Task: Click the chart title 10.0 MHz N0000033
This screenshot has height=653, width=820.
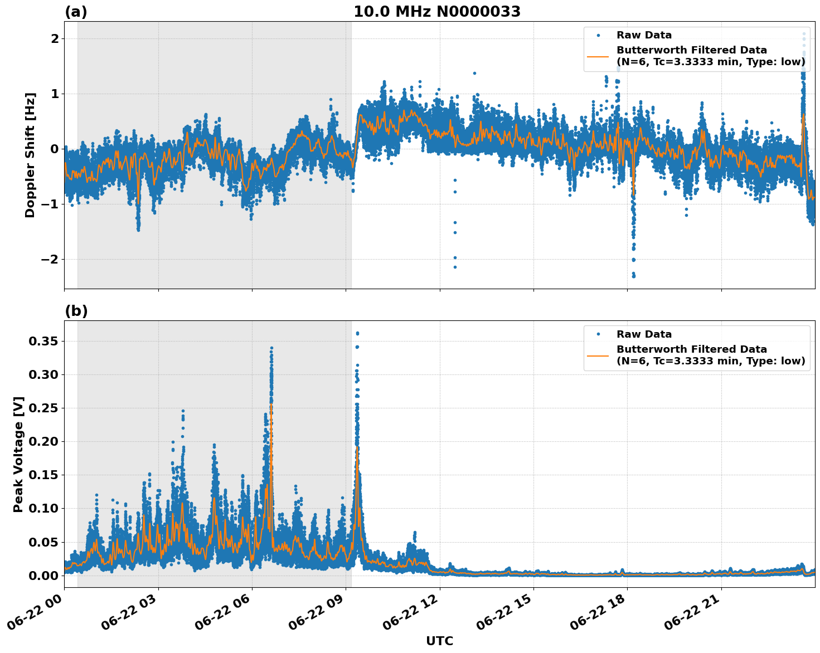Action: point(436,12)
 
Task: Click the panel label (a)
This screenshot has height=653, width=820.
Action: point(76,12)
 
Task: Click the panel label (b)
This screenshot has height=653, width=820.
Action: point(76,311)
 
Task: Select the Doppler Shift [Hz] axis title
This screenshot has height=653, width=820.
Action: point(30,155)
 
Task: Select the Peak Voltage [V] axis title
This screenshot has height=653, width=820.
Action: point(18,454)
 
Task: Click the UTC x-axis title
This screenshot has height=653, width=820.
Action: point(439,641)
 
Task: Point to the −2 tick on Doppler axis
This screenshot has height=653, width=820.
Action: point(50,259)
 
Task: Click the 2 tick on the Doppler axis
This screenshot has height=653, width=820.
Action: point(55,38)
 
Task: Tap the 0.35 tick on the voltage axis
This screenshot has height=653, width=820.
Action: point(43,341)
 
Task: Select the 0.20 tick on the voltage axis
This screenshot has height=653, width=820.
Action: point(43,441)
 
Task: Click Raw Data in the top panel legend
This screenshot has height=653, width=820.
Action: point(644,35)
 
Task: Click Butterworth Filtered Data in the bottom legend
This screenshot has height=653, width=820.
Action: point(691,349)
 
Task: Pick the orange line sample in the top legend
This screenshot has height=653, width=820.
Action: point(598,56)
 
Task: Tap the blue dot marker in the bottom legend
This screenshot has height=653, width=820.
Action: point(598,334)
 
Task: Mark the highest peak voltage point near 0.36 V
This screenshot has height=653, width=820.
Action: point(357,333)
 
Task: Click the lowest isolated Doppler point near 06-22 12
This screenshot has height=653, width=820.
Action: point(455,267)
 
